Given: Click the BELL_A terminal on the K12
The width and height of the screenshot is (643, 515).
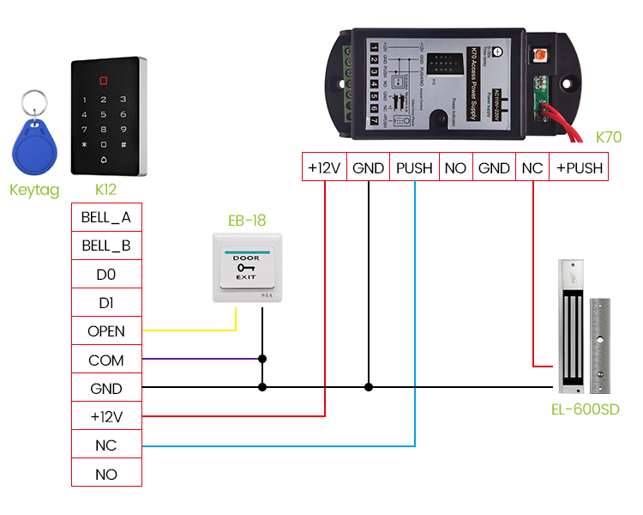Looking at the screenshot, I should [106, 217].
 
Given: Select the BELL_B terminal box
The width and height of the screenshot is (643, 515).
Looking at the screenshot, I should [106, 245].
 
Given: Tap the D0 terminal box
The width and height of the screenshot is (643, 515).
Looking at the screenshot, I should [106, 275].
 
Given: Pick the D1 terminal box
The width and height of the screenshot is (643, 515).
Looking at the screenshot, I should [106, 303].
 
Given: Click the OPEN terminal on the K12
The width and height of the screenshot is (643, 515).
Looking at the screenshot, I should [106, 331].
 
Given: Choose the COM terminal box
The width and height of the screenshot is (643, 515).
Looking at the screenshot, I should [106, 360].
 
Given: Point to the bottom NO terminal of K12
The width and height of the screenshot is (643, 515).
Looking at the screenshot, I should [106, 475].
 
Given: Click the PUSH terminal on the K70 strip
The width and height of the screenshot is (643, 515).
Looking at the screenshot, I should [414, 168].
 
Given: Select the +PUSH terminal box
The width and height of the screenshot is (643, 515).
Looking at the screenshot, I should [580, 168].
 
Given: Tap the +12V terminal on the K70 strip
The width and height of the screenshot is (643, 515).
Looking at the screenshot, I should [325, 168].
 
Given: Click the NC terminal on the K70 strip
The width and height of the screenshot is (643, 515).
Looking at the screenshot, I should [532, 168].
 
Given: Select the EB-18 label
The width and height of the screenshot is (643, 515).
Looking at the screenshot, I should [246, 221].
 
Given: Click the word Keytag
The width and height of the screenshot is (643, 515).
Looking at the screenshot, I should [34, 190].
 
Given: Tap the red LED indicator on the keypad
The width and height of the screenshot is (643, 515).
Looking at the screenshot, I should [105, 82].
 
